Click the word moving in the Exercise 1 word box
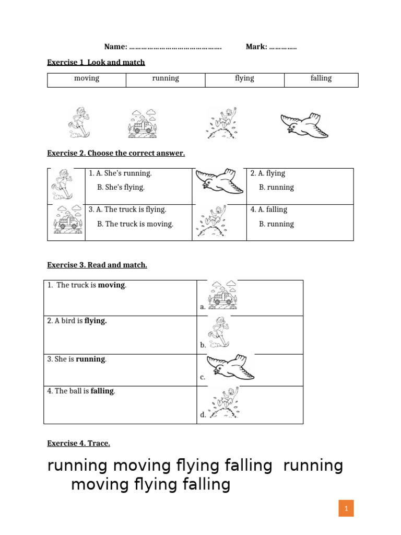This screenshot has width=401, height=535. [87, 78]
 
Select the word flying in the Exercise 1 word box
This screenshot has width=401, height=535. [244, 78]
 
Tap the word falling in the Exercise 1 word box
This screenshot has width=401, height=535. [321, 78]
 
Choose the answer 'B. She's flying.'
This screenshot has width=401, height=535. [121, 187]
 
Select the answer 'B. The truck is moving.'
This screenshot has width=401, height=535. [135, 224]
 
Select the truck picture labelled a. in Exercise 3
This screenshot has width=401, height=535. [222, 294]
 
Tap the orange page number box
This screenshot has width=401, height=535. [346, 508]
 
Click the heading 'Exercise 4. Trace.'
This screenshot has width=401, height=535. [78, 444]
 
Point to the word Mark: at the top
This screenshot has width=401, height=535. [256, 48]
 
